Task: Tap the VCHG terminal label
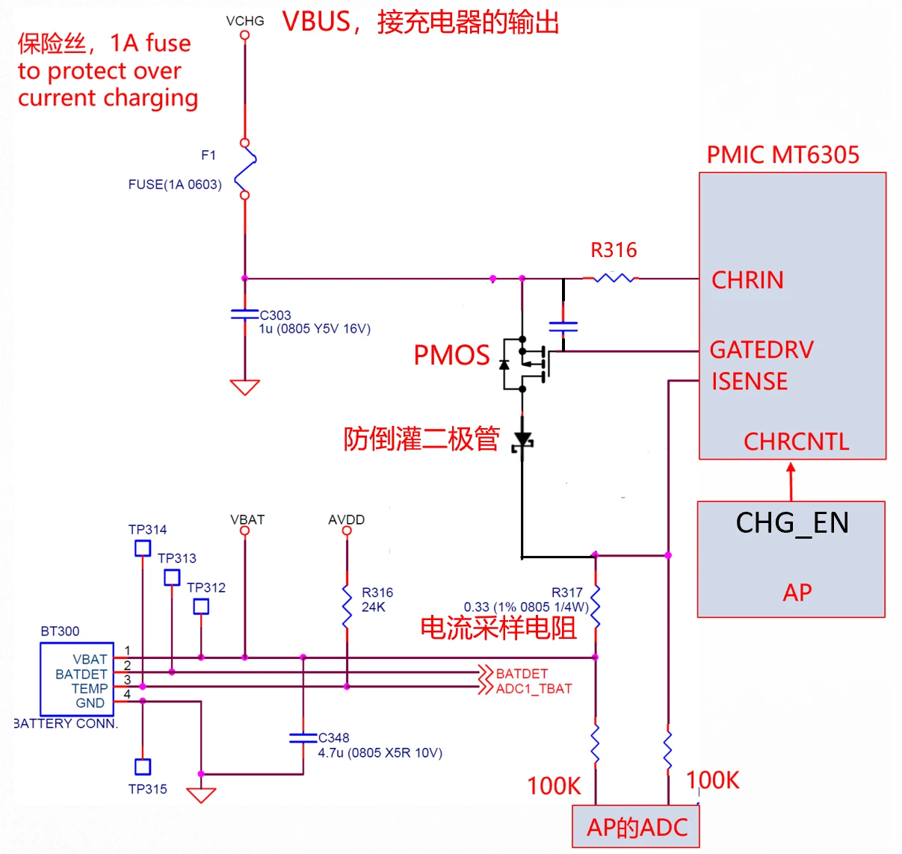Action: (245, 21)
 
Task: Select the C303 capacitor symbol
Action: (245, 315)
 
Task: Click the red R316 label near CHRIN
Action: (614, 250)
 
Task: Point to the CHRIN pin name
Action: (747, 280)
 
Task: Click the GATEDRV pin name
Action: (762, 350)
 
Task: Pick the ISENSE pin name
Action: (750, 382)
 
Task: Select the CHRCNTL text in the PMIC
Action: (797, 442)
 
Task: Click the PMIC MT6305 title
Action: (783, 155)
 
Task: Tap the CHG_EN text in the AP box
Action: (792, 523)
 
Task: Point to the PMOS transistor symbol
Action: (526, 365)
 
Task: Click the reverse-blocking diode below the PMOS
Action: (522, 440)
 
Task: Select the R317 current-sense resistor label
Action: (567, 592)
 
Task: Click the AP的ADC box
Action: (636, 826)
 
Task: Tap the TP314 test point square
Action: (143, 548)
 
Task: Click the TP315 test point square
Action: (143, 767)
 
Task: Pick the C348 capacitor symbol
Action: (303, 738)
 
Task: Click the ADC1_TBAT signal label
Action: (534, 689)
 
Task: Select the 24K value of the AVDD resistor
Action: (374, 607)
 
